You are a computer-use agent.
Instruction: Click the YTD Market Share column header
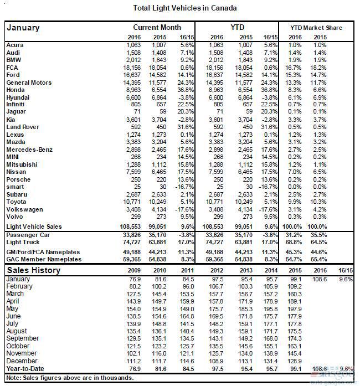316,28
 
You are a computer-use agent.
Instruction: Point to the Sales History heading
34,270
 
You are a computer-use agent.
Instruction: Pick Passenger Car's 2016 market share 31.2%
296,234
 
